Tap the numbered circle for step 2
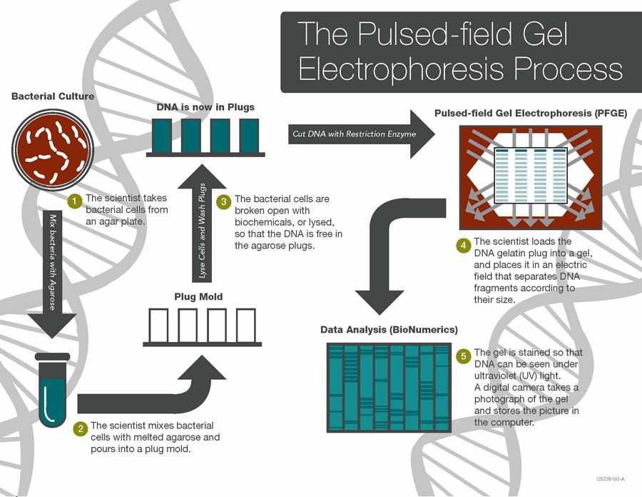(81, 428)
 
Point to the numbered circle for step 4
(463, 245)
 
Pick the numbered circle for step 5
(463, 355)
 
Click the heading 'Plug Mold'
(198, 296)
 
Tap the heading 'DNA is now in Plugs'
(205, 107)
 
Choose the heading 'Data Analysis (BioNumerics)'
(389, 330)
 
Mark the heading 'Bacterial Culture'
(53, 96)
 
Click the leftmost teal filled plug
(162, 135)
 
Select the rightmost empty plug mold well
(245, 326)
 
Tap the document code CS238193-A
(610, 478)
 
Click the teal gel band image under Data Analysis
(389, 386)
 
